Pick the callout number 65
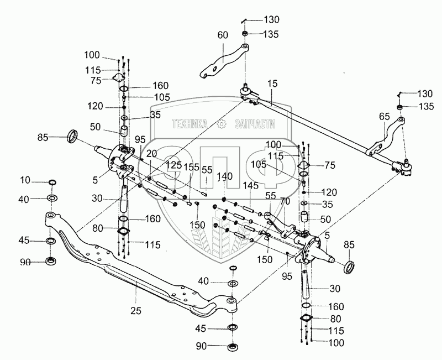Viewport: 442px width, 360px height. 385,117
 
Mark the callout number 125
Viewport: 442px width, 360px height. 175,165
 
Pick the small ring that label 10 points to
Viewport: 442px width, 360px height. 52,182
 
